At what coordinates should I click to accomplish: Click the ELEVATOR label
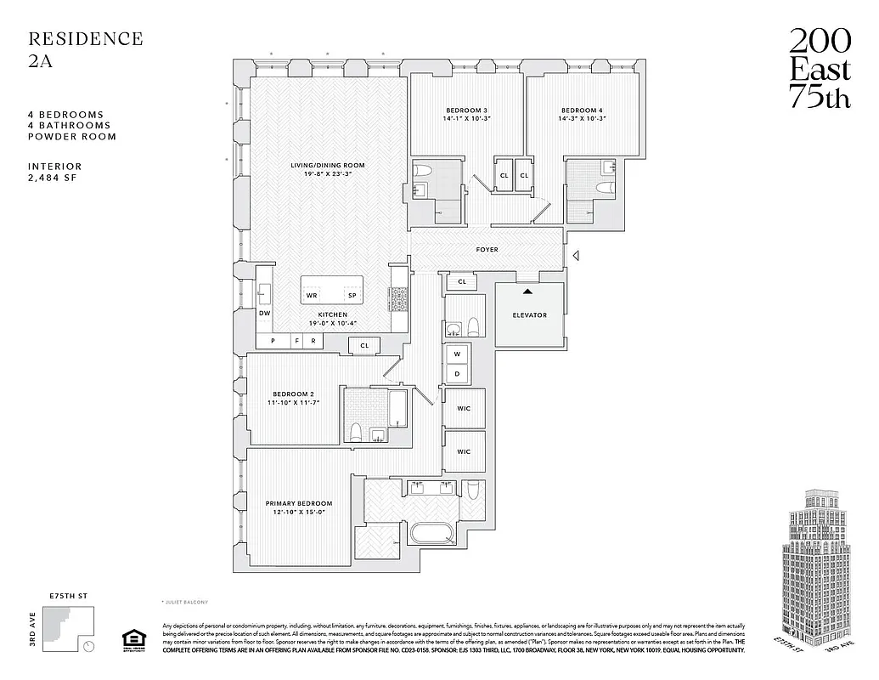click(x=529, y=315)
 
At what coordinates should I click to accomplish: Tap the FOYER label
click(x=487, y=250)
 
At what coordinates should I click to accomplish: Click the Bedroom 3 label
click(x=466, y=110)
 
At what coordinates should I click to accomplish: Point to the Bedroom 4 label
click(x=582, y=110)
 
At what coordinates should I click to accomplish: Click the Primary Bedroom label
click(x=298, y=503)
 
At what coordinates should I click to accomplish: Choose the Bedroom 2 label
click(x=294, y=394)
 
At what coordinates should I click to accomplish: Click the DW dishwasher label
click(x=264, y=314)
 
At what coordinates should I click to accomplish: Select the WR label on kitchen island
click(x=312, y=296)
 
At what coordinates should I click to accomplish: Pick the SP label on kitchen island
click(x=352, y=296)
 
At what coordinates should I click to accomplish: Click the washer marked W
click(x=457, y=354)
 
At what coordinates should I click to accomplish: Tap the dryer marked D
click(x=457, y=373)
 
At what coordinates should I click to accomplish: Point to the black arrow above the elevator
click(x=528, y=292)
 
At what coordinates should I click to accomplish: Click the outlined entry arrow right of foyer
click(x=576, y=255)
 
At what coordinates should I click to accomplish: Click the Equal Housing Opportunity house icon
click(x=131, y=638)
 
